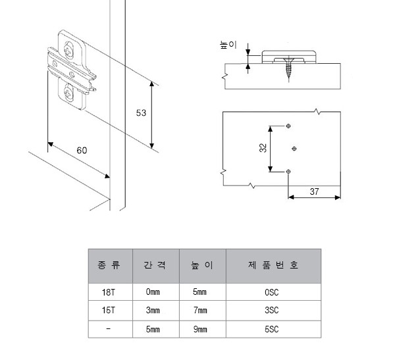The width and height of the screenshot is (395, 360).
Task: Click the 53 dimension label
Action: click(140, 113)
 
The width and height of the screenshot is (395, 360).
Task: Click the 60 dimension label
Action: click(82, 150)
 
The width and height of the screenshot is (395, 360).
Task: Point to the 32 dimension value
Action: click(263, 148)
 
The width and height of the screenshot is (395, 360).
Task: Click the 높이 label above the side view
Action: click(227, 45)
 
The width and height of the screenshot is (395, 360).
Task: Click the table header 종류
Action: click(110, 266)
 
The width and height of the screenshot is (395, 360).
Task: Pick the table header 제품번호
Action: click(273, 266)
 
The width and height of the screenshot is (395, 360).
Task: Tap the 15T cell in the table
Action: click(110, 309)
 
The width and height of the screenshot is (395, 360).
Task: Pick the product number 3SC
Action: click(273, 309)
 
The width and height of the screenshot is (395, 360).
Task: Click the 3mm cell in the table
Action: click(153, 309)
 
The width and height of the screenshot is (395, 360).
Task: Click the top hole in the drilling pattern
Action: click(289, 125)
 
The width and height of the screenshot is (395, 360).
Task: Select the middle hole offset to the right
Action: click(294, 147)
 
